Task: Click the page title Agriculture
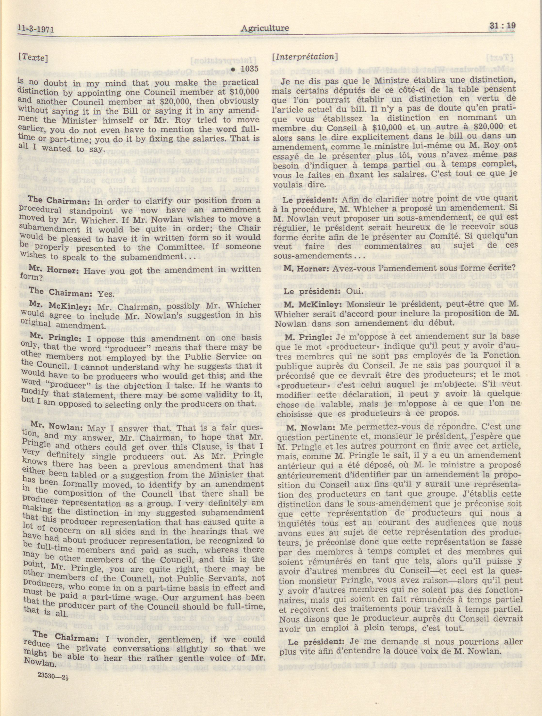click(x=265, y=28)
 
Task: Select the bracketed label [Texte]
click(x=33, y=57)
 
